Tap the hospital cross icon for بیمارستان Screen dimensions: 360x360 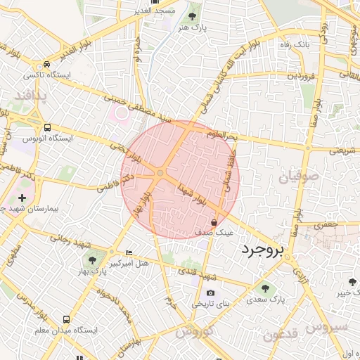[22, 198]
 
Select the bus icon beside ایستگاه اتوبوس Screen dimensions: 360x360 [47, 128]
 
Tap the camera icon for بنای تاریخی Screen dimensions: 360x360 [210, 293]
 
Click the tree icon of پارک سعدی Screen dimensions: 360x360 [265, 288]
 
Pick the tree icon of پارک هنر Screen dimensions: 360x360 [193, 15]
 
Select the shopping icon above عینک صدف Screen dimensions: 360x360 [214, 221]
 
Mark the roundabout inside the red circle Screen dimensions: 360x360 [160, 172]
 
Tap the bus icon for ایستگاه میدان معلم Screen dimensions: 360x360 [66, 319]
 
